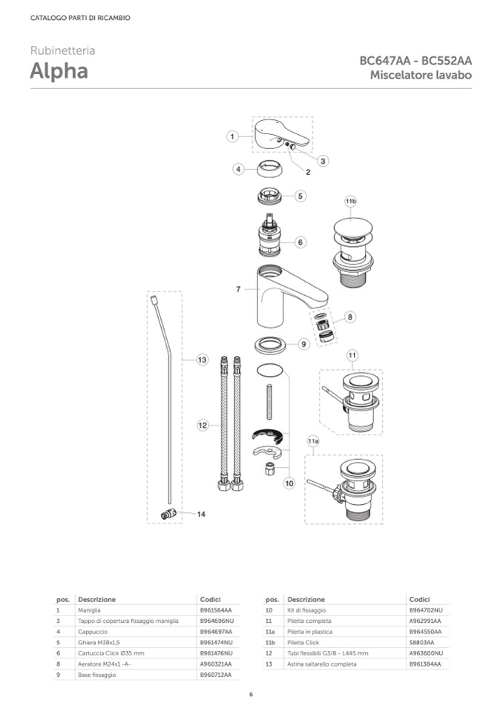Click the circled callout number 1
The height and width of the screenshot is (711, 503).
click(x=232, y=136)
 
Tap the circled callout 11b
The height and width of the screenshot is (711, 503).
click(x=351, y=202)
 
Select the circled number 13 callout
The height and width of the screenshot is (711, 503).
click(x=203, y=360)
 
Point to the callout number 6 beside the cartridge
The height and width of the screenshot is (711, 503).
click(x=300, y=242)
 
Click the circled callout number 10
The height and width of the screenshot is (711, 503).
click(x=289, y=483)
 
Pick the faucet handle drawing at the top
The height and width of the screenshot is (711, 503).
click(x=281, y=134)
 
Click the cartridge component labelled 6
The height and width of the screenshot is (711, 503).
click(x=270, y=234)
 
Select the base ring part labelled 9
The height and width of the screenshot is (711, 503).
click(x=270, y=345)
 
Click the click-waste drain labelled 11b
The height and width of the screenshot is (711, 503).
click(x=353, y=251)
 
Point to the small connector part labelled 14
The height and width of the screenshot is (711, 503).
click(x=168, y=515)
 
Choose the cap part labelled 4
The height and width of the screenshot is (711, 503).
click(x=271, y=169)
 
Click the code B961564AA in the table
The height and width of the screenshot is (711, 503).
click(x=216, y=610)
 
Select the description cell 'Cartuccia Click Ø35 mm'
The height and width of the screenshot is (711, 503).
click(x=111, y=653)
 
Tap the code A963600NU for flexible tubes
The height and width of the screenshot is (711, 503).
click(x=426, y=653)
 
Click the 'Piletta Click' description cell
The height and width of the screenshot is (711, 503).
click(x=303, y=643)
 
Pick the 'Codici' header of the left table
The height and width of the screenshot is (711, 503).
click(x=211, y=600)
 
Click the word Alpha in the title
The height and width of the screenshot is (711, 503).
click(x=59, y=71)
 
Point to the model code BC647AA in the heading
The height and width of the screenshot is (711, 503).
click(x=385, y=61)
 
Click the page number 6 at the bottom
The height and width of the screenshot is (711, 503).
click(x=251, y=694)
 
